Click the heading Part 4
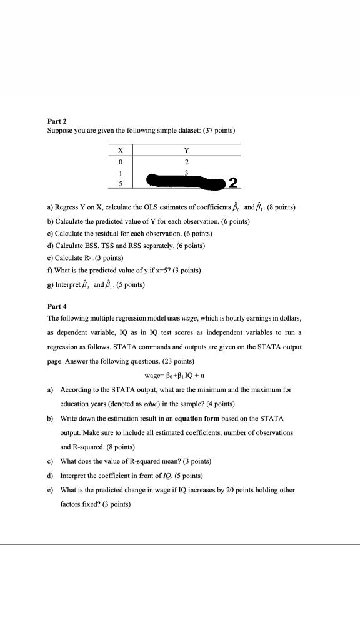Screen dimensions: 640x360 58,307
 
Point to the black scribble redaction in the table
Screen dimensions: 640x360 184,182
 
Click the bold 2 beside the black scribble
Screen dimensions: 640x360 232,183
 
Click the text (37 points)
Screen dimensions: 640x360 215,130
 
